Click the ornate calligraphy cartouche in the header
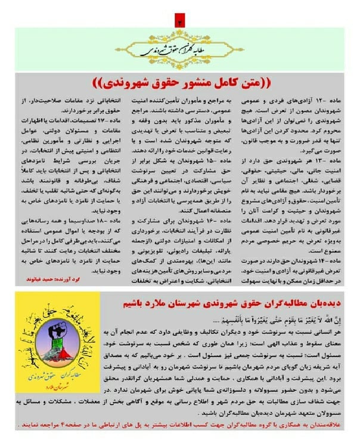pyautogui.click(x=179, y=50)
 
